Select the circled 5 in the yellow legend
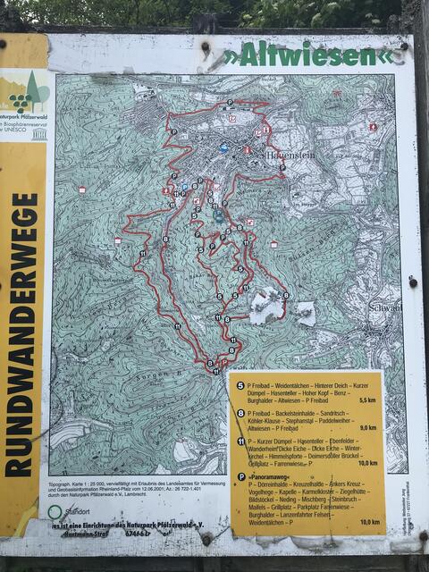[240, 377]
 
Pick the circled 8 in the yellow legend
[240, 412]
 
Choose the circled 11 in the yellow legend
[240, 440]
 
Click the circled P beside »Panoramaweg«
[240, 476]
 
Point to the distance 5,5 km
[367, 400]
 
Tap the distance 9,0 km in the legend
[367, 427]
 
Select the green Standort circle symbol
[55, 511]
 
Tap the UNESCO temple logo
[38, 133]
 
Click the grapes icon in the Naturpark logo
[20, 100]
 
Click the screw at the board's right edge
[412, 282]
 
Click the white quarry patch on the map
[268, 307]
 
